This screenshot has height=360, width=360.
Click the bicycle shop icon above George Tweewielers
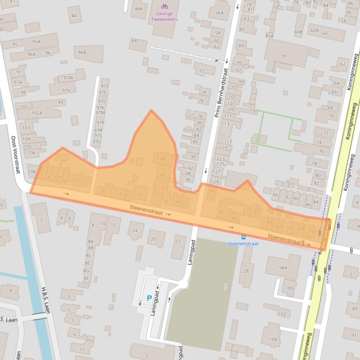point(164,6)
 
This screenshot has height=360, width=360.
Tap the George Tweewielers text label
point(164,17)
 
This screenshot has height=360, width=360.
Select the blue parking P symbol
point(149,298)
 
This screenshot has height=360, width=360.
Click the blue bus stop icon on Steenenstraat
point(243,237)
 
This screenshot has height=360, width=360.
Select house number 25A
point(161,159)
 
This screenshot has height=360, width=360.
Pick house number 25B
point(160,175)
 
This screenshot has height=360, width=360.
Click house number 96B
point(82,52)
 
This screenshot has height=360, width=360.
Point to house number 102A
point(37,113)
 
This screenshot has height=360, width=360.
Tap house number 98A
point(283,267)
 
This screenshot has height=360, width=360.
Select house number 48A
point(139,8)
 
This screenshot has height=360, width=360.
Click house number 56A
point(219,13)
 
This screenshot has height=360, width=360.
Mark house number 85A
point(269,36)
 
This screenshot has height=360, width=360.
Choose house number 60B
point(298,32)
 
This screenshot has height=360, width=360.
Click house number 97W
point(68,78)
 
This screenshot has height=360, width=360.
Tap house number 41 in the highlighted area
point(212,191)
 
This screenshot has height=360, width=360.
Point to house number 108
point(32,172)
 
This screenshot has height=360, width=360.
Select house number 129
point(215,182)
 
